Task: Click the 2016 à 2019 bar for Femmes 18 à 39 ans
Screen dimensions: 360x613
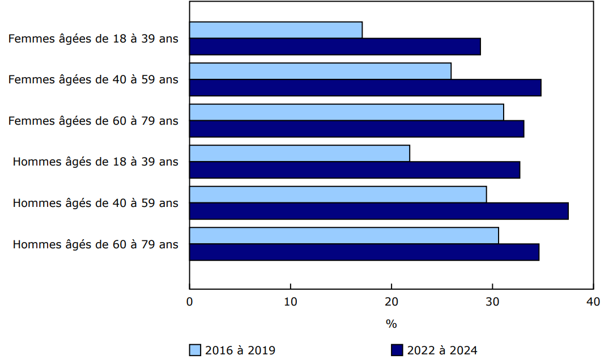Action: [x=276, y=30]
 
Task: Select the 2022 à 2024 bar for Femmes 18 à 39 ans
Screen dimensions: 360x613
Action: [x=335, y=46]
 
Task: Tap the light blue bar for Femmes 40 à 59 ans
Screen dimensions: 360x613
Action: [x=320, y=71]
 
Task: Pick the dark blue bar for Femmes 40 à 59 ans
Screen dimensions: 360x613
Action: [x=365, y=88]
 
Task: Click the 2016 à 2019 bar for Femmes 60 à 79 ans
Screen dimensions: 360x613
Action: [x=346, y=112]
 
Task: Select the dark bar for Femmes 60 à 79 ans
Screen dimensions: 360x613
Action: [x=356, y=129]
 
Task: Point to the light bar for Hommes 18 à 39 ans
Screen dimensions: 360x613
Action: [x=299, y=153]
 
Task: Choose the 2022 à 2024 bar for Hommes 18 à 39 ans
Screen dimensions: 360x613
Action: [x=355, y=170]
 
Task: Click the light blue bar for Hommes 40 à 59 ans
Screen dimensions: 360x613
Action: [x=338, y=194]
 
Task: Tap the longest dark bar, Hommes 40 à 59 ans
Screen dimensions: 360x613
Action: [x=378, y=211]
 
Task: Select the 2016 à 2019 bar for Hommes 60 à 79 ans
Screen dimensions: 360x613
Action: [x=344, y=235]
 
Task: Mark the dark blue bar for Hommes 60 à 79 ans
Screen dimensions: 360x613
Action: [x=364, y=252]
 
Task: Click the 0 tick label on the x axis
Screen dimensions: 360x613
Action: [x=190, y=302]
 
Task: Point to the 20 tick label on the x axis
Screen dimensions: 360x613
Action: [x=391, y=302]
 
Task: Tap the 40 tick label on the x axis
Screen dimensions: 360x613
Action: [x=593, y=302]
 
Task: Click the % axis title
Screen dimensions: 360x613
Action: [x=391, y=324]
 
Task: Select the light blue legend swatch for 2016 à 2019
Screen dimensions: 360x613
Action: [x=195, y=350]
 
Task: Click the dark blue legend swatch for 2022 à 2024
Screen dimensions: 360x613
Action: [x=397, y=350]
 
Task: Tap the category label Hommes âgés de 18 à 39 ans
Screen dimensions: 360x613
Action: [x=96, y=162]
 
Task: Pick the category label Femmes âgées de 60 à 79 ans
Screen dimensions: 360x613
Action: [x=93, y=121]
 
